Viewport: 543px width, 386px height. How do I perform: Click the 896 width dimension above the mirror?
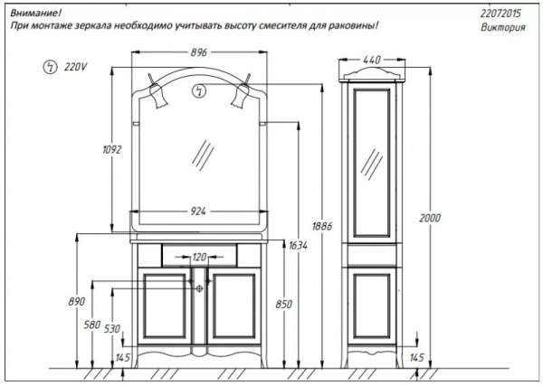point(199,52)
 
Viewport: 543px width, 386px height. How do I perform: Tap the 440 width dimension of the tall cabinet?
point(372,60)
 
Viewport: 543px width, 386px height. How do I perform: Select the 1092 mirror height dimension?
point(112,149)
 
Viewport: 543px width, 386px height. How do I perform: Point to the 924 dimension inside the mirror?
point(198,211)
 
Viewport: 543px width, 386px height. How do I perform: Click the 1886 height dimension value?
point(321,226)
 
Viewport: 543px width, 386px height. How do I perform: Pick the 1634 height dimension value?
point(298,246)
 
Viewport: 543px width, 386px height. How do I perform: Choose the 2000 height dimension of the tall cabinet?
point(430,218)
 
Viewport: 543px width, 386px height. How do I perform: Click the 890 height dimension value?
point(77,302)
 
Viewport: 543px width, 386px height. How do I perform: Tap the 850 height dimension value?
point(284,305)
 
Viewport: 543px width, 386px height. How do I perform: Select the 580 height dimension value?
point(92,325)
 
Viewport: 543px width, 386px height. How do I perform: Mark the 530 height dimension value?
point(112,329)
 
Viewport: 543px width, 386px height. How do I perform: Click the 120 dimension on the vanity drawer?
point(199,257)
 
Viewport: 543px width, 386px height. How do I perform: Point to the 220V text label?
point(75,66)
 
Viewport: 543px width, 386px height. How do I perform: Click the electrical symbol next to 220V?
point(50,67)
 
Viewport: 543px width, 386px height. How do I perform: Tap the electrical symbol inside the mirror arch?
point(199,91)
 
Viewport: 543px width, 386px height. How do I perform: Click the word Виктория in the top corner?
point(503,27)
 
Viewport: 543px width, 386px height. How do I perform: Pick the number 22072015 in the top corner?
point(500,14)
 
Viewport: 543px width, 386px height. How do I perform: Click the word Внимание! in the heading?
point(35,14)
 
